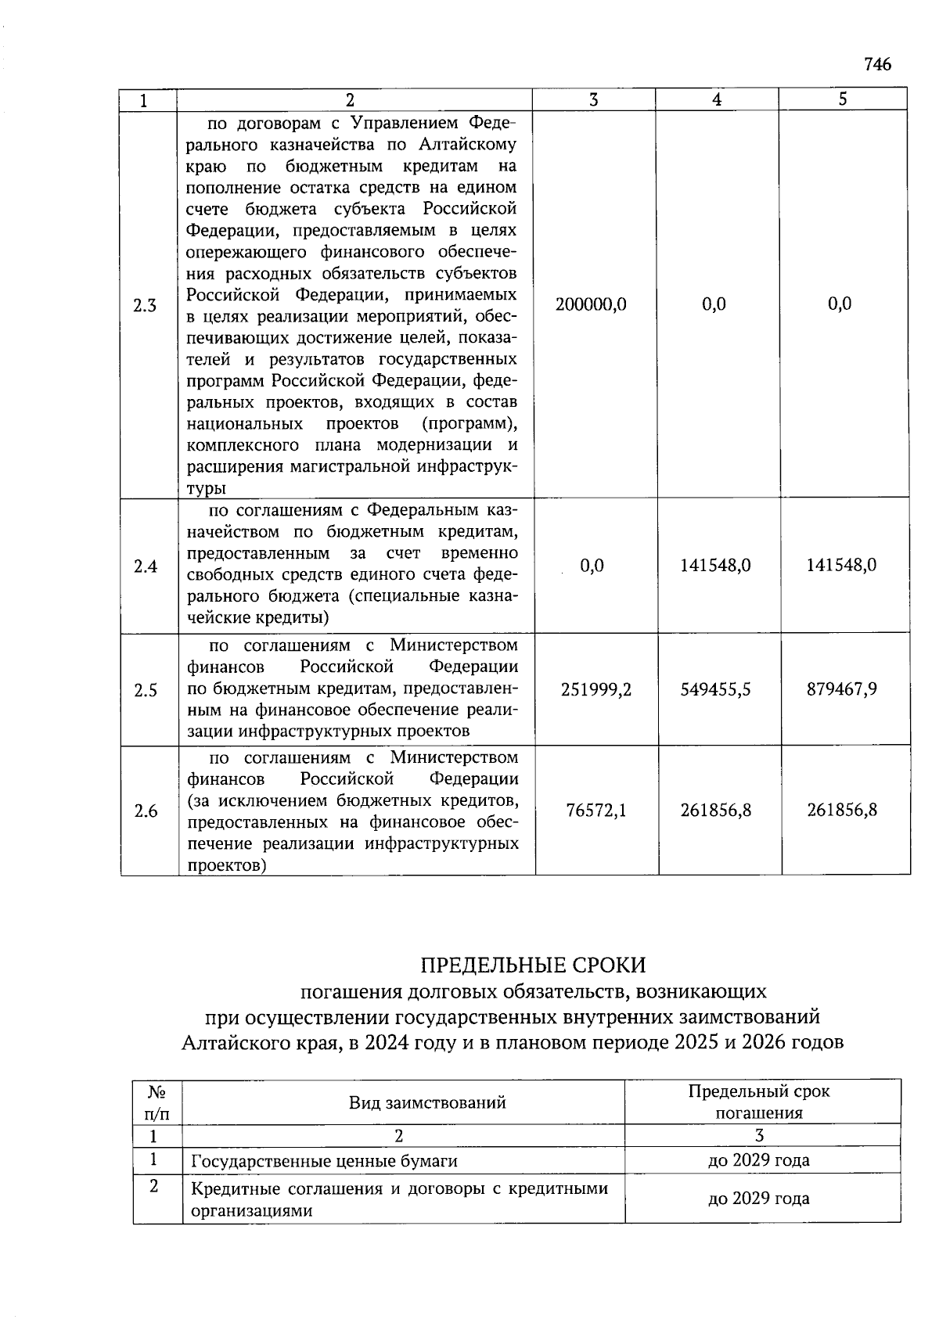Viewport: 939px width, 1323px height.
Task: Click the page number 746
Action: pyautogui.click(x=877, y=64)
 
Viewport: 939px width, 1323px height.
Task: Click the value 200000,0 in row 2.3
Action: pyautogui.click(x=591, y=304)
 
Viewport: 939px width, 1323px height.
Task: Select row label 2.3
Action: pyautogui.click(x=145, y=305)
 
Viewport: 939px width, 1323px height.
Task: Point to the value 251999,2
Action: pyautogui.click(x=596, y=689)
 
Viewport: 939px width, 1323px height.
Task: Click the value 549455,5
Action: pyautogui.click(x=715, y=689)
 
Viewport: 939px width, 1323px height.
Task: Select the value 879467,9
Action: pyautogui.click(x=841, y=689)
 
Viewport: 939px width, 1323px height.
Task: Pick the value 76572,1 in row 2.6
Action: pyautogui.click(x=596, y=811)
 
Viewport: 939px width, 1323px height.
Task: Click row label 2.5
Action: pyautogui.click(x=146, y=690)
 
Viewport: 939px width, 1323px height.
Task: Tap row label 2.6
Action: pyautogui.click(x=146, y=811)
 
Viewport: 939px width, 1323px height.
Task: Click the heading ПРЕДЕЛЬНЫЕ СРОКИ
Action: pyautogui.click(x=534, y=965)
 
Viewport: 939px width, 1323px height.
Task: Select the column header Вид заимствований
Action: pyautogui.click(x=427, y=1103)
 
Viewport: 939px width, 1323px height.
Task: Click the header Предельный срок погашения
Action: pyautogui.click(x=758, y=1102)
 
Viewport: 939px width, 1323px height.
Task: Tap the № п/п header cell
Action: pyautogui.click(x=157, y=1102)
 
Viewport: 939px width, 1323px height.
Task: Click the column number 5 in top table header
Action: pyautogui.click(x=842, y=99)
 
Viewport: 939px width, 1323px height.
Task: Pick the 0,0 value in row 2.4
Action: pyautogui.click(x=592, y=566)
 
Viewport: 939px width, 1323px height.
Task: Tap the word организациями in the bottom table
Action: pyautogui.click(x=252, y=1211)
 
